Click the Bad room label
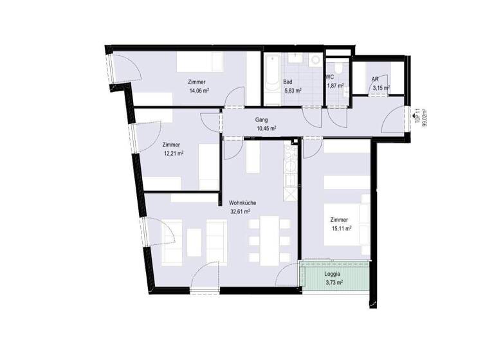point(288,82)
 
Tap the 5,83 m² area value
point(293,91)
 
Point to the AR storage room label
point(374,79)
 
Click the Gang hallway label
point(261,120)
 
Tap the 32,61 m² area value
point(240,211)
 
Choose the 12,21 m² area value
point(174,154)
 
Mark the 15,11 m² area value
point(340,228)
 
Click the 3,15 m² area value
point(380,87)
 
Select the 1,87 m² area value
point(334,85)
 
